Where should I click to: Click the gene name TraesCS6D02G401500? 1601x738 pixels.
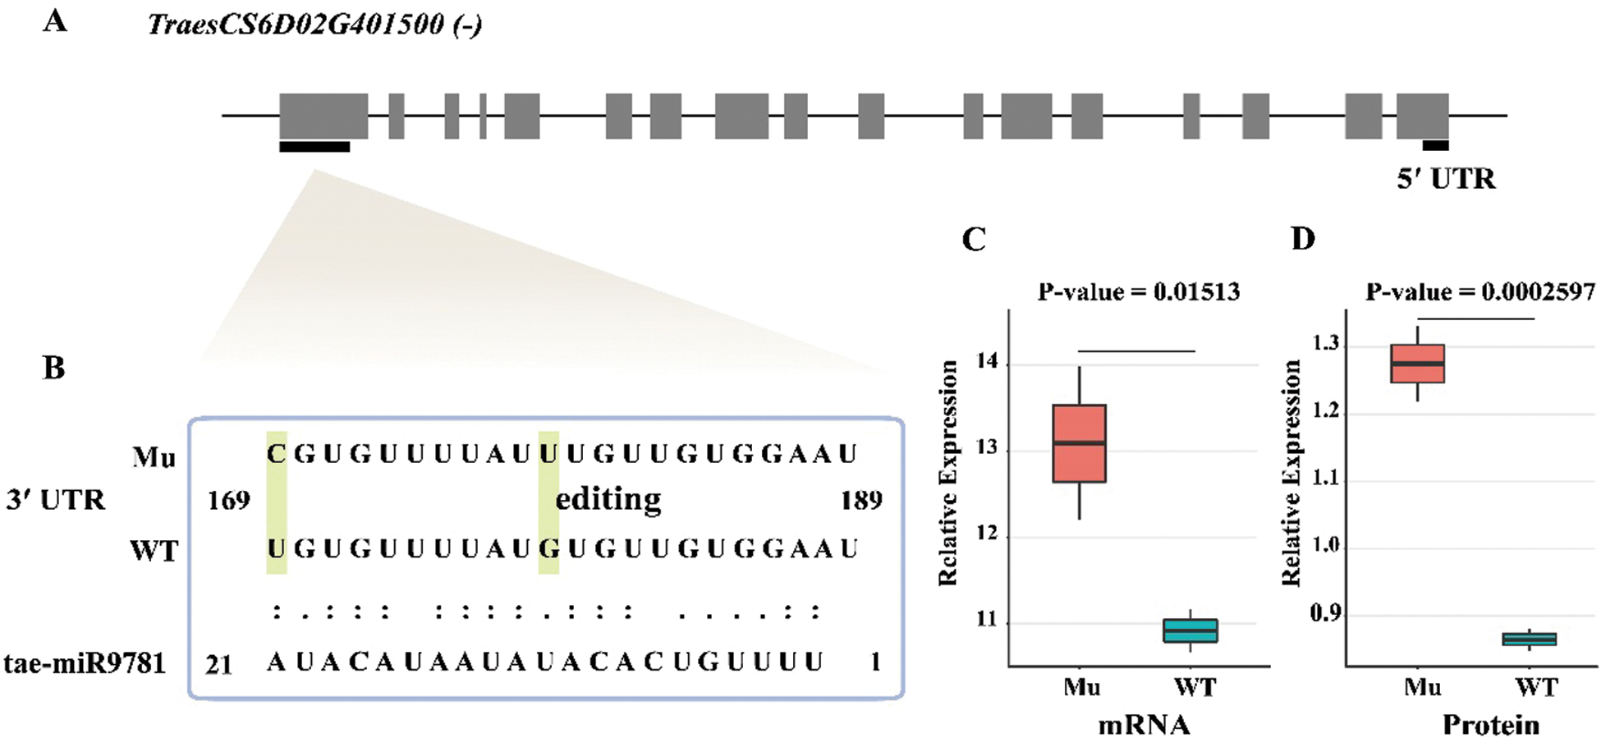click(296, 25)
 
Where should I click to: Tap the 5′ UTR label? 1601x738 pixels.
click(1446, 178)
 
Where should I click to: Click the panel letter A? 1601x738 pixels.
click(55, 21)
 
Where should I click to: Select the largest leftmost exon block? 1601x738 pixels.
click(323, 116)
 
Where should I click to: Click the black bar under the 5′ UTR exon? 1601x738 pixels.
click(1435, 146)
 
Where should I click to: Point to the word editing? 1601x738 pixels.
click(608, 499)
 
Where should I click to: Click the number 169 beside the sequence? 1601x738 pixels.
click(228, 500)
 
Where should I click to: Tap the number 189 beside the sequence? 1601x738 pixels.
click(860, 500)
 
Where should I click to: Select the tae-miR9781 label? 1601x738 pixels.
click(85, 662)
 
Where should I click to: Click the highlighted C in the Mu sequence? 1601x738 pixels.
click(277, 453)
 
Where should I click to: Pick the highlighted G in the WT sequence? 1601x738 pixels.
click(548, 548)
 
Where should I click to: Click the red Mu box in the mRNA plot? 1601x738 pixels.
click(1079, 443)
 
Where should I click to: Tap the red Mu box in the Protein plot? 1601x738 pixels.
click(1417, 363)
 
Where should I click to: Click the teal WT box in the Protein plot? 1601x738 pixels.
click(1529, 639)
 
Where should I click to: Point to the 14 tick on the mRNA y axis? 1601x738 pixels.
click(986, 362)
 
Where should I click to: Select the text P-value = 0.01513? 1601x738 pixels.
click(1138, 291)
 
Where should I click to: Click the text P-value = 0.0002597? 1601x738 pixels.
click(1479, 291)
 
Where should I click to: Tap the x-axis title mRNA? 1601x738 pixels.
click(1143, 724)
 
